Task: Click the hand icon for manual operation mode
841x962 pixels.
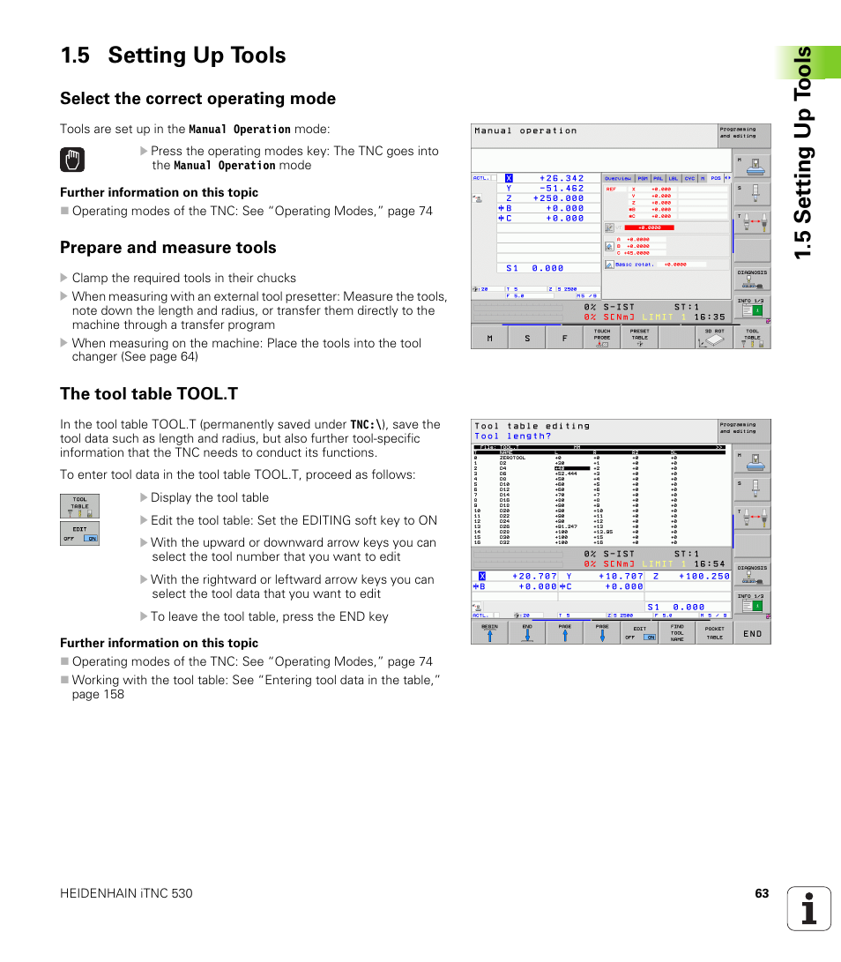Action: [x=74, y=160]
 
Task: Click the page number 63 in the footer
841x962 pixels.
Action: [x=762, y=893]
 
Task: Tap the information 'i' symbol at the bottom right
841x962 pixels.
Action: [x=808, y=908]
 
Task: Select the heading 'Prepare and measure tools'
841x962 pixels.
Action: [x=167, y=248]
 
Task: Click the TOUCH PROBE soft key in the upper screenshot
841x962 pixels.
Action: [x=601, y=338]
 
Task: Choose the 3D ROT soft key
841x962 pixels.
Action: [x=714, y=338]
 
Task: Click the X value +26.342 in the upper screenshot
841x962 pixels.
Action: [x=562, y=178]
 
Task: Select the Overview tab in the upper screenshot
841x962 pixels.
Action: [x=618, y=178]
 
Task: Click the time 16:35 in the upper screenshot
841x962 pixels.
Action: [x=709, y=317]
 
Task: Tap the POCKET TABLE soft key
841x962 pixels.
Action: [x=714, y=632]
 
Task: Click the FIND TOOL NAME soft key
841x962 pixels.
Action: [x=676, y=632]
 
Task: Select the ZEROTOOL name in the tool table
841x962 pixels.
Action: [x=512, y=459]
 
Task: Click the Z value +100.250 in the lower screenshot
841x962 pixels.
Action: [x=703, y=576]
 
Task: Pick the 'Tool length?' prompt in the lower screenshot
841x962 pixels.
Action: [x=512, y=436]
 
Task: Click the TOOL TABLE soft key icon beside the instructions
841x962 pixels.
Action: [x=79, y=506]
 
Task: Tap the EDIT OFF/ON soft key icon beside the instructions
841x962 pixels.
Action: [x=79, y=533]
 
